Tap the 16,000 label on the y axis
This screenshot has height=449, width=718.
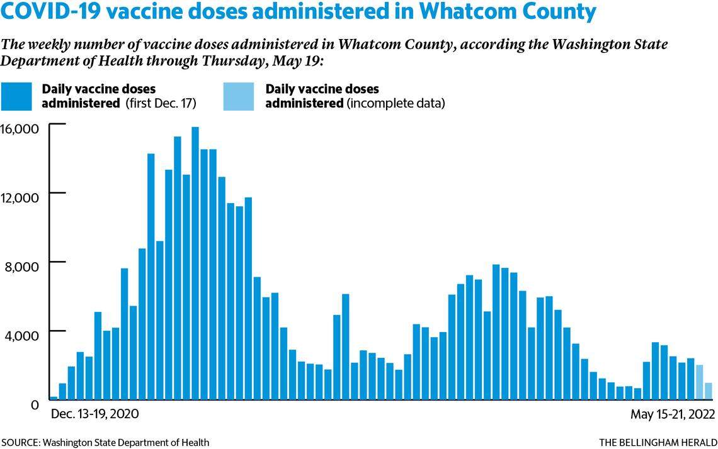(x=21, y=128)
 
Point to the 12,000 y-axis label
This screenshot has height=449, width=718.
(x=21, y=197)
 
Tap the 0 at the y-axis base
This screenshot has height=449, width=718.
(x=37, y=405)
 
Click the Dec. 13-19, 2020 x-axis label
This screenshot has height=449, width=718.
(x=94, y=414)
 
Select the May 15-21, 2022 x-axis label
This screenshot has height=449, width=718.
(x=673, y=414)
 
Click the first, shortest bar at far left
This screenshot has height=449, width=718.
(x=54, y=397)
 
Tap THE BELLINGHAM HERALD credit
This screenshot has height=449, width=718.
(x=658, y=442)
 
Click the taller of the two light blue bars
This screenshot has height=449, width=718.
(x=699, y=382)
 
